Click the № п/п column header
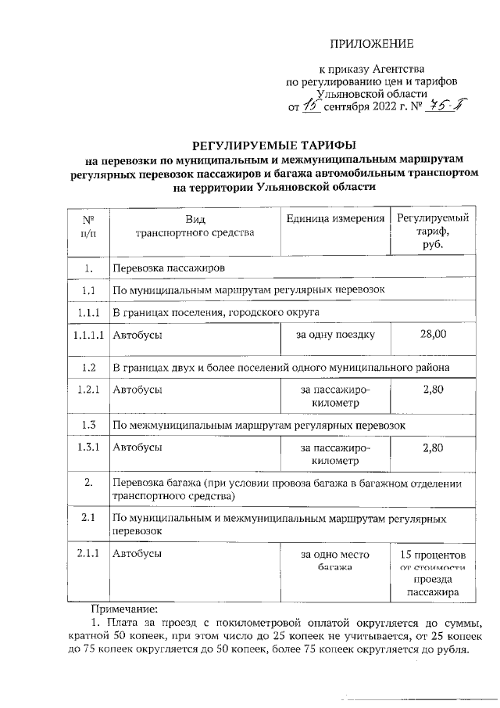[x=89, y=226]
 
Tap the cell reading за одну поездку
[x=336, y=335]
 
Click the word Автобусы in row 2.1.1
[x=137, y=554]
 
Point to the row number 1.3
[x=89, y=425]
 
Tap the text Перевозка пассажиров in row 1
[x=170, y=268]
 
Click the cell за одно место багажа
[x=336, y=559]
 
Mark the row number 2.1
[x=89, y=518]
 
